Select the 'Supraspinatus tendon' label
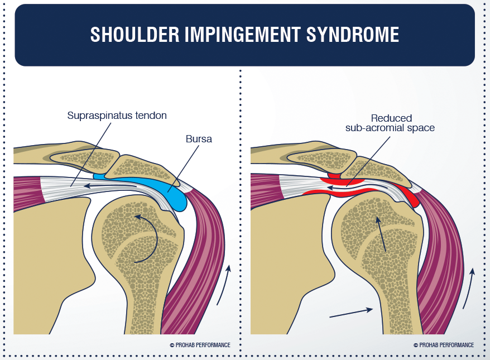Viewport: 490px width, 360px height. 117,116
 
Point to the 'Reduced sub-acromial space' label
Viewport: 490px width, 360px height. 391,123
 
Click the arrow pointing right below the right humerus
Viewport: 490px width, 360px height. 351,313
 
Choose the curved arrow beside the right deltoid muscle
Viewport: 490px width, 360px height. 468,288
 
